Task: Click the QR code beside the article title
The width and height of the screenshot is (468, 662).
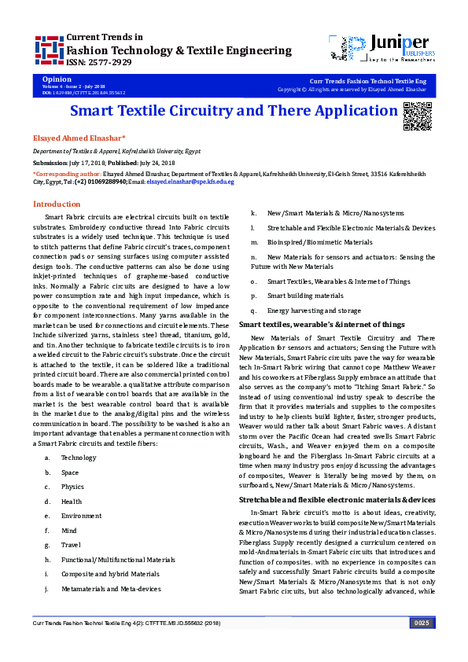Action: (x=416, y=116)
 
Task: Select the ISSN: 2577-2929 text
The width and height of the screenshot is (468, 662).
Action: (x=100, y=62)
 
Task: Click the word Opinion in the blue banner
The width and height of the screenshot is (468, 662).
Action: (x=57, y=80)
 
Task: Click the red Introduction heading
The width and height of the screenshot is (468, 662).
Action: (x=57, y=204)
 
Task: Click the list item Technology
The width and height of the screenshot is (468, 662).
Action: (x=79, y=457)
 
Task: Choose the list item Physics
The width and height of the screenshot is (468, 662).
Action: (x=72, y=487)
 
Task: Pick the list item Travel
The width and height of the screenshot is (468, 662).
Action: (x=71, y=544)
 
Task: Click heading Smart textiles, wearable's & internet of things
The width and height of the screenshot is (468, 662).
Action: (x=322, y=324)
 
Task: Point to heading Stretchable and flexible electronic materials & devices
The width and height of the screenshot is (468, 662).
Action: (x=337, y=499)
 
